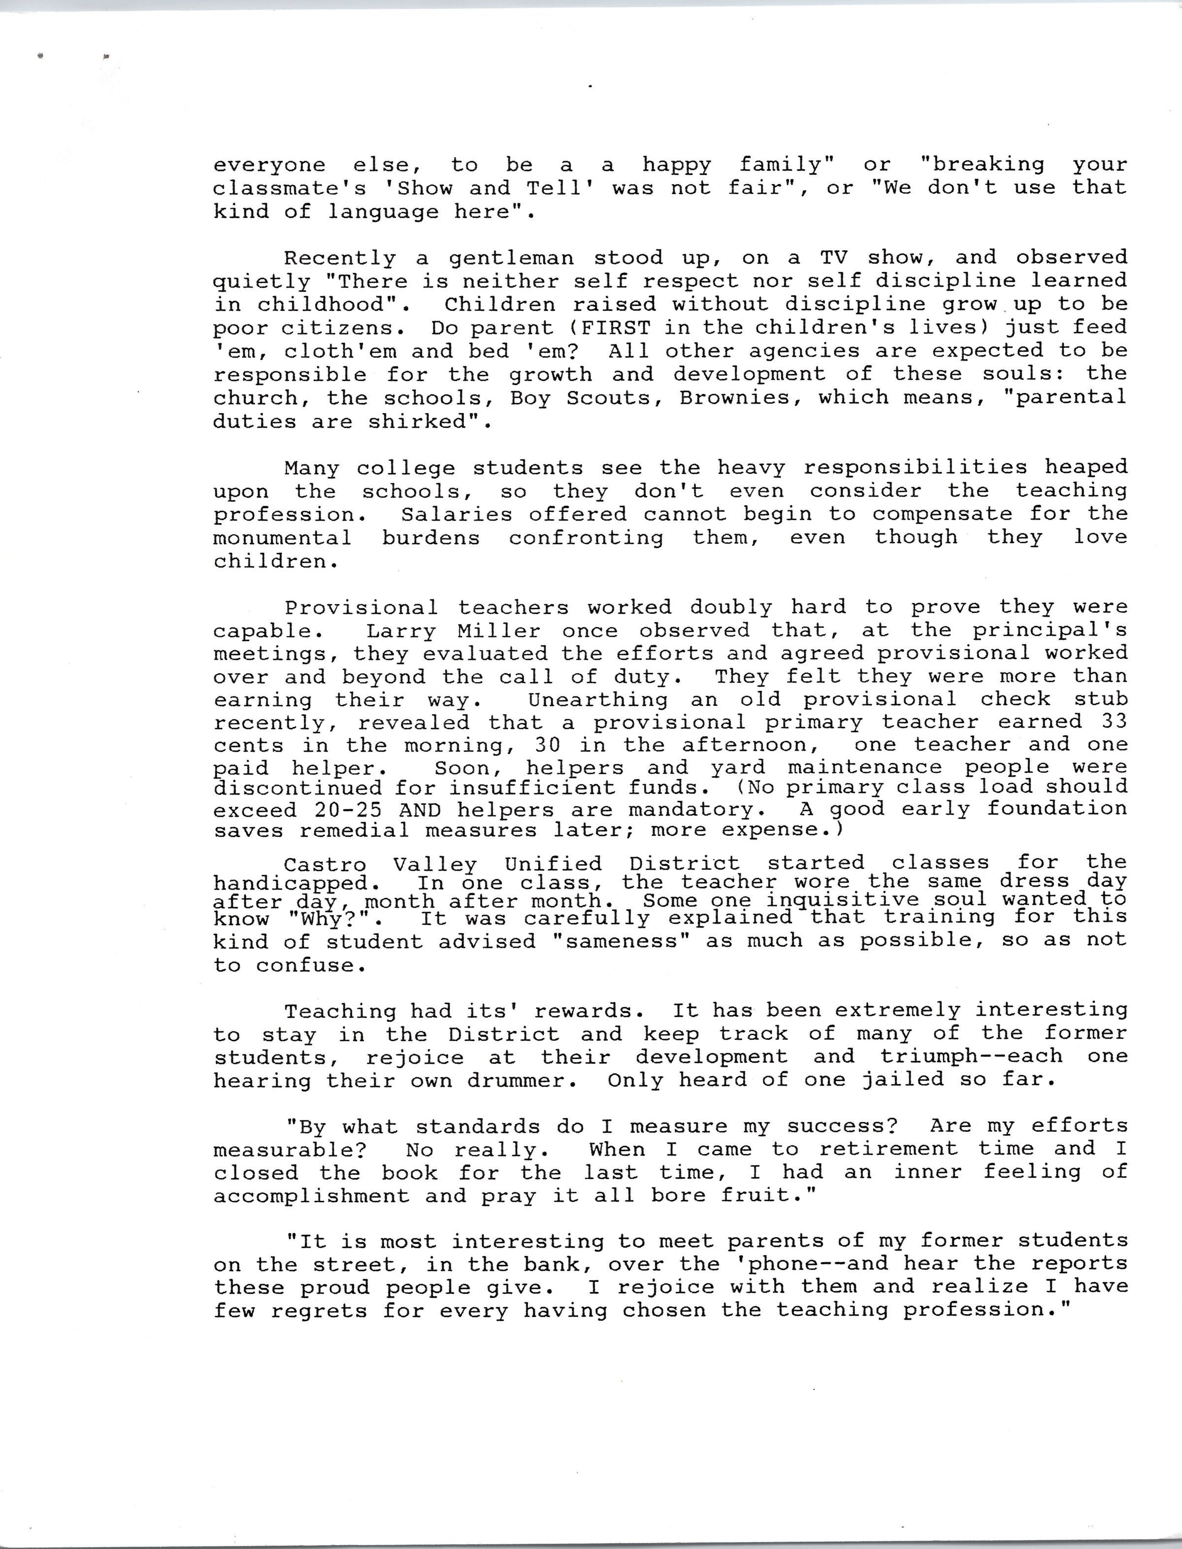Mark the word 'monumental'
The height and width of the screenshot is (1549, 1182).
pyautogui.click(x=282, y=538)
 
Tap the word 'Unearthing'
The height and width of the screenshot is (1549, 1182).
pyautogui.click(x=598, y=700)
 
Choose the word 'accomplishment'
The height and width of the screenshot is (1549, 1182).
pyautogui.click(x=311, y=1196)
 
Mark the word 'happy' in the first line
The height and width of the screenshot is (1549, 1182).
pyautogui.click(x=676, y=165)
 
